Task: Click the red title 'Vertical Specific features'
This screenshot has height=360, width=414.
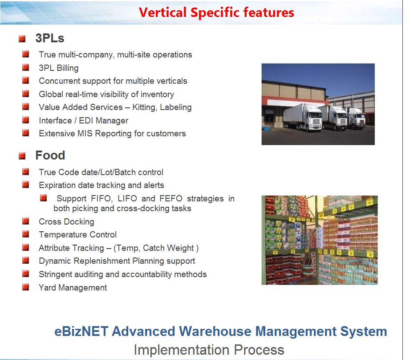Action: point(216,12)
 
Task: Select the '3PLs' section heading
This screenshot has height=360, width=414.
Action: point(50,39)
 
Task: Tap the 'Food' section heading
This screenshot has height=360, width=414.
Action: point(50,155)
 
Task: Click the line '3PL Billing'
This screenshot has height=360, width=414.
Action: point(59,68)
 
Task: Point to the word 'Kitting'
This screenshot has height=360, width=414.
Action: point(145,107)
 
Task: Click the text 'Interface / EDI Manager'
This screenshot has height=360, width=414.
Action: point(83,121)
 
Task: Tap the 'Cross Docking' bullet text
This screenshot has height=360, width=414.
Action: point(66,222)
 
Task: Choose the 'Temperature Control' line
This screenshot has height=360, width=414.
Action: point(77,235)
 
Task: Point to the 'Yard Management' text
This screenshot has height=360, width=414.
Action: point(73,288)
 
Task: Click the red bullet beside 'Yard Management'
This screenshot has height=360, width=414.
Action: point(26,287)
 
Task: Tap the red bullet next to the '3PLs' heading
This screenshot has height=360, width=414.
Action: point(22,39)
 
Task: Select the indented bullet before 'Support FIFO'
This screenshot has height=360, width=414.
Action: point(43,198)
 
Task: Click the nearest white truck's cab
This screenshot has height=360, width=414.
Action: point(313,118)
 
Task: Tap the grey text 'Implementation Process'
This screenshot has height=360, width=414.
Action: point(209,350)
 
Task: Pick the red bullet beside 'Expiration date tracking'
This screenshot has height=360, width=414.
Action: point(26,184)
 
